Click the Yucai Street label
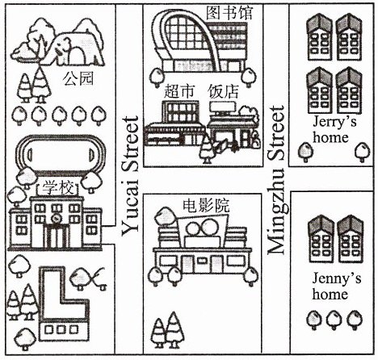coord(131,176)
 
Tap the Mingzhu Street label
coord(276,180)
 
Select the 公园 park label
coord(78,79)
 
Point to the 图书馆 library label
coord(229,13)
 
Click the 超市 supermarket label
coord(179,91)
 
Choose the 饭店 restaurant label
coord(223,91)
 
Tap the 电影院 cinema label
coord(206,206)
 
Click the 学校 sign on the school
coord(57,188)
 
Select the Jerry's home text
coord(334,130)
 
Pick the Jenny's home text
coord(336,287)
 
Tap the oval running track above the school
coord(59,154)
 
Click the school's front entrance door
coord(56,237)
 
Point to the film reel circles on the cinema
coord(203,227)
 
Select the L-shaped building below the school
coord(64,304)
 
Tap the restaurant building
coord(233,127)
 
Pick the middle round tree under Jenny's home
coord(334,320)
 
